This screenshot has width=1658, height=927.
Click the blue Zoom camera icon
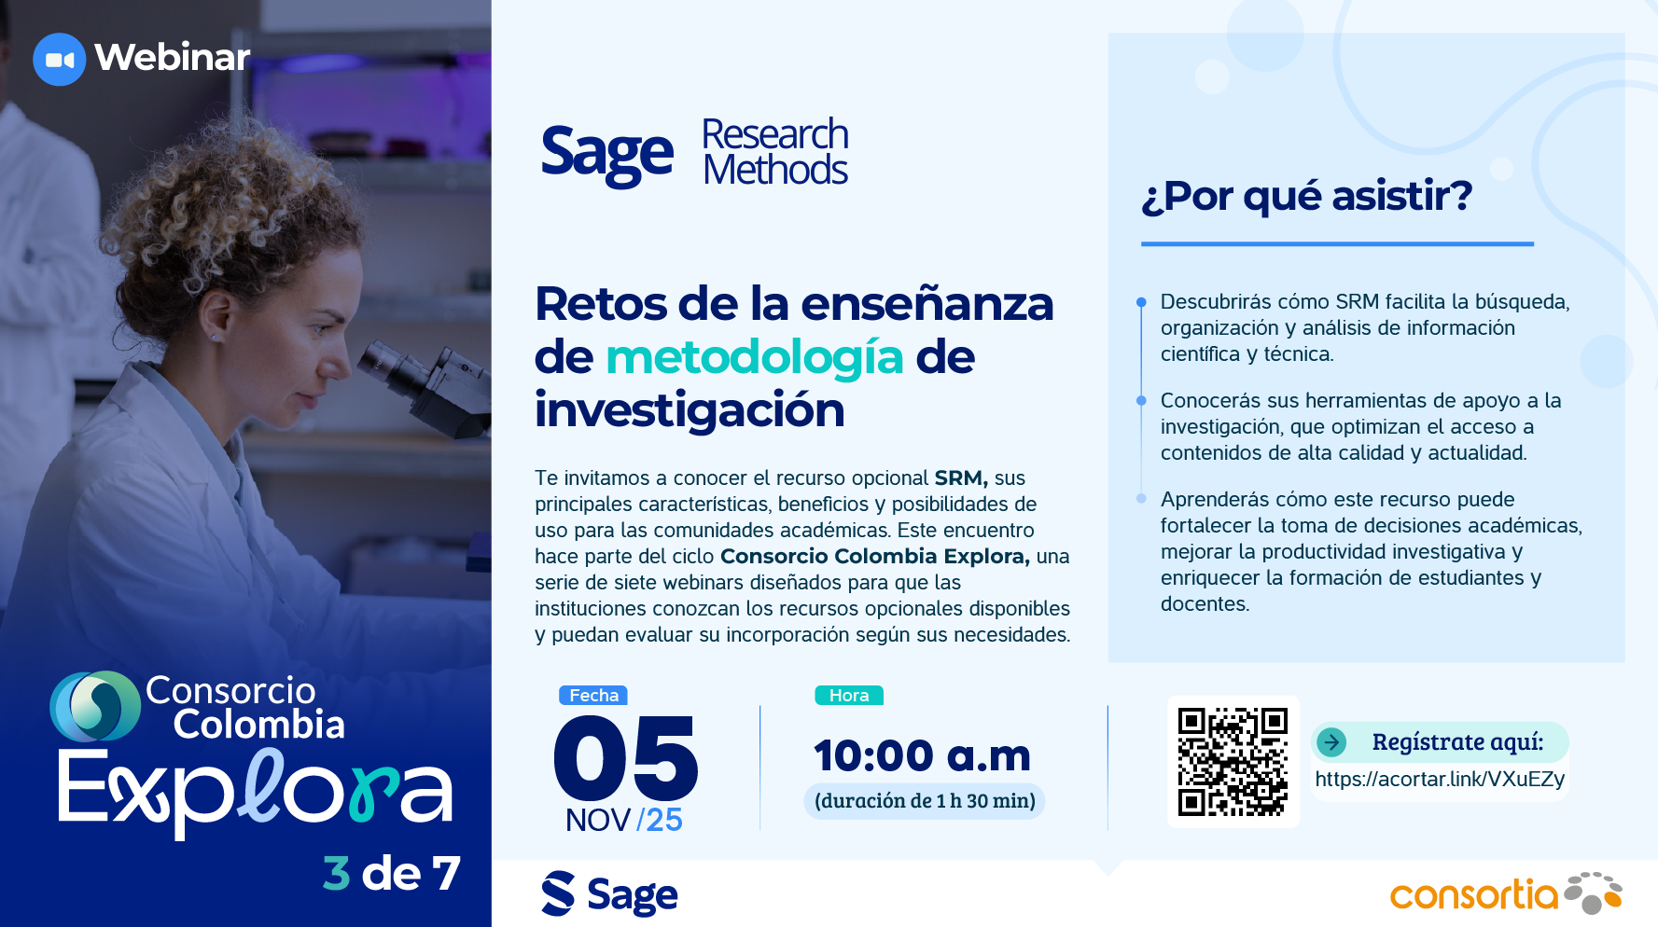click(60, 60)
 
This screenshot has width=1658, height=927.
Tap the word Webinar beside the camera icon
click(173, 57)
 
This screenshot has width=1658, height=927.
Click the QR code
click(1233, 762)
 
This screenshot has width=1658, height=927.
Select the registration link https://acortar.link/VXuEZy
click(1440, 779)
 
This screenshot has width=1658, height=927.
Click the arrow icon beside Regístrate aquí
click(1331, 742)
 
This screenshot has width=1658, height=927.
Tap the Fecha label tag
click(593, 696)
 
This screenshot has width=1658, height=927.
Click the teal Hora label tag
click(849, 696)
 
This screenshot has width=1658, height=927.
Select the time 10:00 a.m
click(922, 755)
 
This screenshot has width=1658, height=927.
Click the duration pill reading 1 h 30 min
click(924, 801)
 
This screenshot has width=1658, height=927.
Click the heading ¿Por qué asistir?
click(1306, 197)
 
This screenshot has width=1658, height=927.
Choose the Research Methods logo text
click(775, 152)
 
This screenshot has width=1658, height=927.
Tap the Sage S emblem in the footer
click(558, 893)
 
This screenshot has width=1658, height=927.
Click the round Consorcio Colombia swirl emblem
click(95, 706)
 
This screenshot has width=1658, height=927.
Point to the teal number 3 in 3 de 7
click(336, 874)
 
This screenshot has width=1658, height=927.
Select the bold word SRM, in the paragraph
click(961, 478)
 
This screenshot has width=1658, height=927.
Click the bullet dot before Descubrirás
click(1141, 302)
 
